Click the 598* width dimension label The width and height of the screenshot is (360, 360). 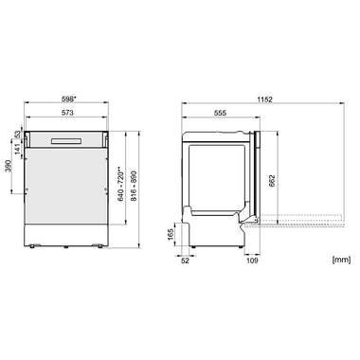click(x=68, y=99)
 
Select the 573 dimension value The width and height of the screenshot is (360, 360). click(x=67, y=113)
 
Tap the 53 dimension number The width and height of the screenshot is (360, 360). click(x=18, y=134)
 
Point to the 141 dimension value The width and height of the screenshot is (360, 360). click(x=18, y=149)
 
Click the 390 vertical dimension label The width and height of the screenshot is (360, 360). click(x=9, y=166)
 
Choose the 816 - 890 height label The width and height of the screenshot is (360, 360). click(x=134, y=187)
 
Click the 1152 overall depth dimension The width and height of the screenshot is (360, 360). click(x=264, y=99)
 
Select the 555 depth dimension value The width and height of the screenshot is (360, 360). click(x=220, y=113)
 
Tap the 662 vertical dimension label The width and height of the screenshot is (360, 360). click(x=272, y=181)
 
